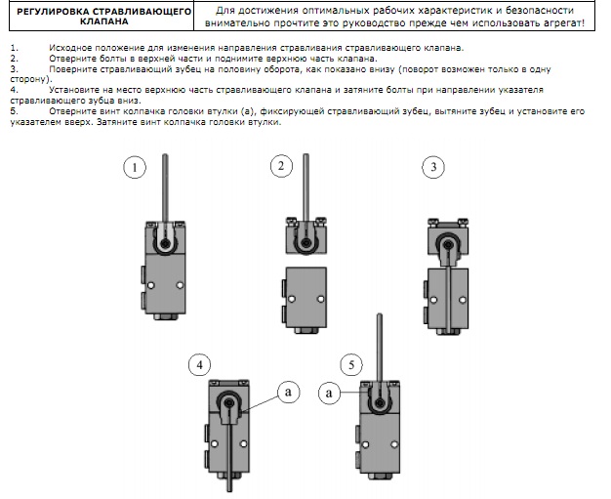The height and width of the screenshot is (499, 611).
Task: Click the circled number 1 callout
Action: [x=135, y=167]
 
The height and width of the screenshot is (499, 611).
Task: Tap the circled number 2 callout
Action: [x=281, y=166]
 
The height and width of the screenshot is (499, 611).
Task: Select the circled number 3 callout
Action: [x=433, y=167]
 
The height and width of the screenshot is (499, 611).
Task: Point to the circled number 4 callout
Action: [x=199, y=365]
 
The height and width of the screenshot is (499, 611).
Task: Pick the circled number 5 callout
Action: [x=351, y=365]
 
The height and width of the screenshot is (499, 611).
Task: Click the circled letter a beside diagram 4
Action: [x=288, y=392]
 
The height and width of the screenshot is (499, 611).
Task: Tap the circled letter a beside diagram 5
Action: [x=329, y=393]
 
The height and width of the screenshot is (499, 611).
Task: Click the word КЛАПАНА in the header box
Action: [x=104, y=21]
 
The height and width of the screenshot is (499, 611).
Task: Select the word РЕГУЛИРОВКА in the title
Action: [x=53, y=12]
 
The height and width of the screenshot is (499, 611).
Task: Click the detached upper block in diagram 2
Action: [x=306, y=236]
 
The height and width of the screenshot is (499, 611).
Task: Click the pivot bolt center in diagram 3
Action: [x=447, y=245]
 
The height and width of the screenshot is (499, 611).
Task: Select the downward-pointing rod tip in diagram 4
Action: [x=229, y=490]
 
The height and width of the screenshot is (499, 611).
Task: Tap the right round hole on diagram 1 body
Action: [x=180, y=285]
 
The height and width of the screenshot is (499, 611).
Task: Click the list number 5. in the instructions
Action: [x=14, y=111]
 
